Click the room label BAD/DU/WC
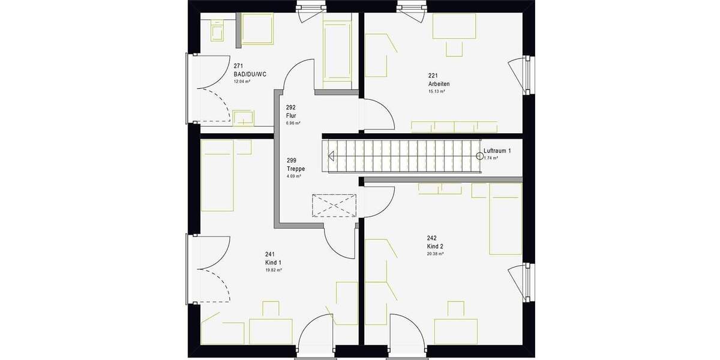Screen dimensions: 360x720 coord(250,74)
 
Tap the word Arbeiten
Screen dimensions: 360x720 coord(439,84)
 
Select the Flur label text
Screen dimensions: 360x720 coord(292,116)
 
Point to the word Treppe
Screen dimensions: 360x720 coord(296,169)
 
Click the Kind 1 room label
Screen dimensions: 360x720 coord(273,263)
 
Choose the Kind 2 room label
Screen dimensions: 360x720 coord(435,247)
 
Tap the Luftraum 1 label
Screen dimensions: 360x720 coord(497,151)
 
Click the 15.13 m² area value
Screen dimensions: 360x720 coord(436,92)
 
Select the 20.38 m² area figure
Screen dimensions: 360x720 coord(435,254)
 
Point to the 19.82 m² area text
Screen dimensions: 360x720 coord(274,271)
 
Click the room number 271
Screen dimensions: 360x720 coord(238,65)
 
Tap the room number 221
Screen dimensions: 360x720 coord(433,76)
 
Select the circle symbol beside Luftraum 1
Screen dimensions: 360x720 coord(479,156)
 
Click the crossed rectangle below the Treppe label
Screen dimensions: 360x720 coord(334,205)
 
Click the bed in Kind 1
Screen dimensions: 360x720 coord(217,176)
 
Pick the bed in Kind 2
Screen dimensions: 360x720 coord(506,218)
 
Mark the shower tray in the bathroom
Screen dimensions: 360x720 coord(256,28)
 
